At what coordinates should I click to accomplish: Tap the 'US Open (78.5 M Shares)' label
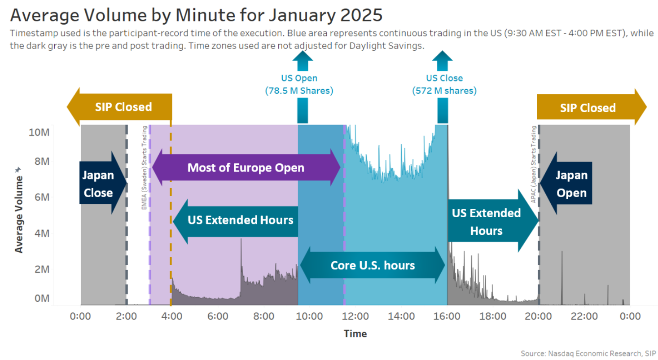(299, 84)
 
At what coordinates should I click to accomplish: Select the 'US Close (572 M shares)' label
(444, 84)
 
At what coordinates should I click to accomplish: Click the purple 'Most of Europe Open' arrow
(246, 168)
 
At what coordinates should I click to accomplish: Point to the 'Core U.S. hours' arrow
(373, 265)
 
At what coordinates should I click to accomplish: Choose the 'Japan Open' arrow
(568, 184)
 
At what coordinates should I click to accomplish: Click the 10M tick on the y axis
(39, 132)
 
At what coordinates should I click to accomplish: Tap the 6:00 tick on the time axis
(218, 316)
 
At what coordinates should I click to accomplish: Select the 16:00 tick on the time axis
(447, 316)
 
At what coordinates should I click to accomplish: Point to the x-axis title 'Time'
(355, 334)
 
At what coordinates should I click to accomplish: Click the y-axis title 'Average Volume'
(19, 211)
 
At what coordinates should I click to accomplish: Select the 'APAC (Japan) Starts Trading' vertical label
(534, 164)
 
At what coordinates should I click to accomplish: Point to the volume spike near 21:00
(561, 269)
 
